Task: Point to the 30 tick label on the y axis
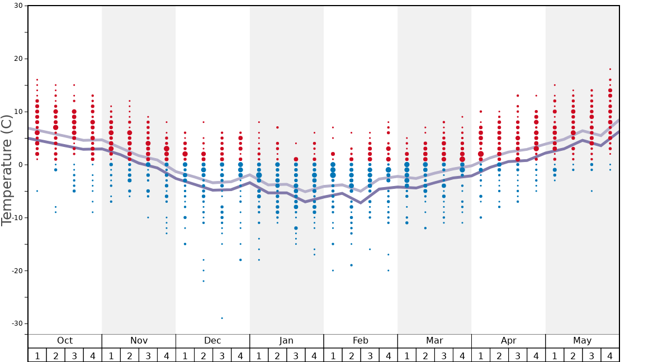tap(18, 6)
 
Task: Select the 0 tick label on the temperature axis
tap(21, 165)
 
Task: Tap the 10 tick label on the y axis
tap(18, 112)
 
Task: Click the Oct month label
tap(65, 341)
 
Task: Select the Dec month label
tap(212, 341)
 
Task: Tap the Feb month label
tap(361, 341)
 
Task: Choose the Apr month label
tap(508, 341)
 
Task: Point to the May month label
tap(582, 341)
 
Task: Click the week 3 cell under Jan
tap(296, 355)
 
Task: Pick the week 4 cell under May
tap(610, 355)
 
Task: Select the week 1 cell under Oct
tap(37, 355)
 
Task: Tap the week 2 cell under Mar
tap(425, 355)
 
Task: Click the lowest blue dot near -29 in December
tap(222, 318)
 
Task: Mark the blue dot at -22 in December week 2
tap(204, 281)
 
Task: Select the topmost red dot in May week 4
tap(610, 69)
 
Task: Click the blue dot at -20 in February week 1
tap(333, 270)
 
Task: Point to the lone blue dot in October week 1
tap(37, 191)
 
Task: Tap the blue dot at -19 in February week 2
tap(351, 265)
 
